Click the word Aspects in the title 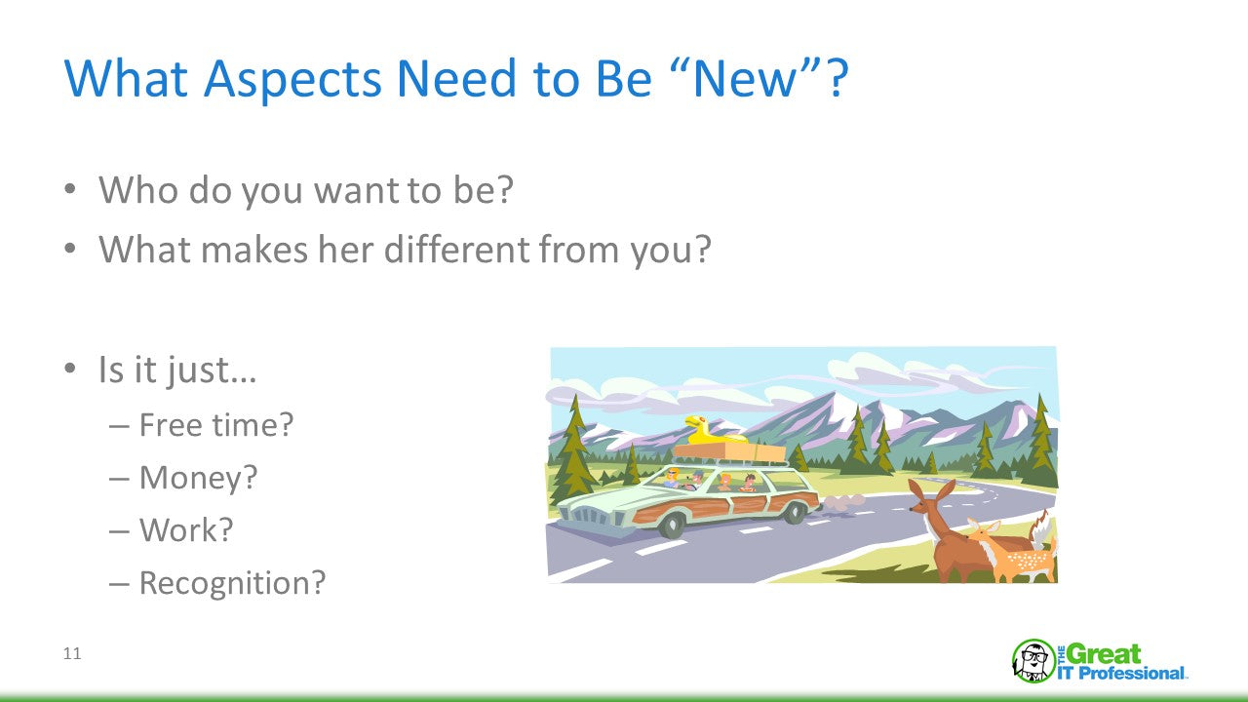292,80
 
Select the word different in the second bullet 456,249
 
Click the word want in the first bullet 357,190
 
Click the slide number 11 72,653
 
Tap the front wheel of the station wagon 673,525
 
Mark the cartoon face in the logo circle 1033,661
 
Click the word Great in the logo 1105,653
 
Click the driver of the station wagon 673,478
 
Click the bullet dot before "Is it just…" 69,369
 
